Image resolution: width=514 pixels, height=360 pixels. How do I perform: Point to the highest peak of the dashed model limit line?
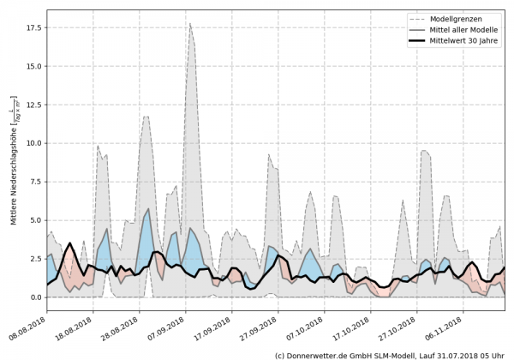(190, 23)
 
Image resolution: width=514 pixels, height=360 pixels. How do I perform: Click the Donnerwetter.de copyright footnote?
(390, 354)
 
